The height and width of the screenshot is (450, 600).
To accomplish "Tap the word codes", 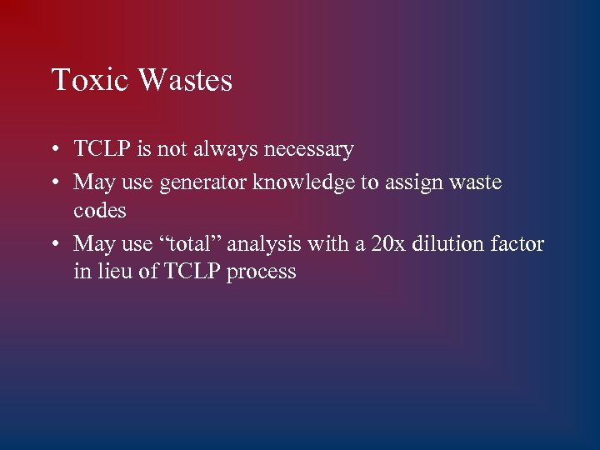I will (x=100, y=211).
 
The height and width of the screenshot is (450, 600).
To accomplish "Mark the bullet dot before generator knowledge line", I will (x=53, y=182).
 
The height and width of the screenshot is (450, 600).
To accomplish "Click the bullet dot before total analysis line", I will (x=53, y=245).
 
